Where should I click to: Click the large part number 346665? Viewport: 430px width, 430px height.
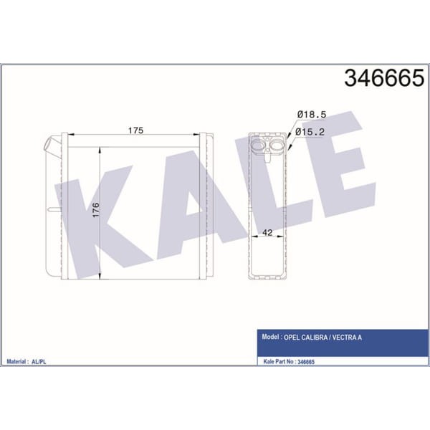(384, 78)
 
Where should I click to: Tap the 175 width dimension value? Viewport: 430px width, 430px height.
(135, 130)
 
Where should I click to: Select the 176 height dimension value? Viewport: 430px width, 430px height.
(96, 210)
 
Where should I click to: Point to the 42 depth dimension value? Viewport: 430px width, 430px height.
(267, 232)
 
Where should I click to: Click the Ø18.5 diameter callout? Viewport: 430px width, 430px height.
(312, 115)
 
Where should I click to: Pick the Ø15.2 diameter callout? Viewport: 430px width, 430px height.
(310, 132)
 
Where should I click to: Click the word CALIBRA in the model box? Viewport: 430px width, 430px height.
(315, 338)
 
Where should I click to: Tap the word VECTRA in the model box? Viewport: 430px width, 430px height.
(344, 338)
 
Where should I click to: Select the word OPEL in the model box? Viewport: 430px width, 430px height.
(292, 338)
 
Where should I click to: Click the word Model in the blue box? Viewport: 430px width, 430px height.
(270, 337)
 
